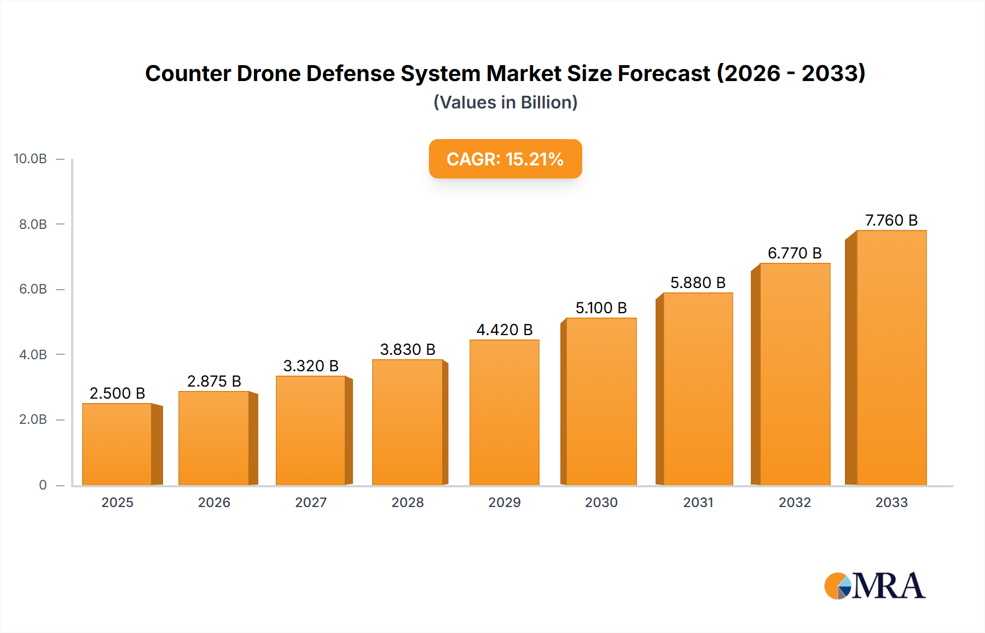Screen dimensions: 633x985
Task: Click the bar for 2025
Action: pyautogui.click(x=117, y=444)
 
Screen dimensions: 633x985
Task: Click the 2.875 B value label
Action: pyautogui.click(x=214, y=381)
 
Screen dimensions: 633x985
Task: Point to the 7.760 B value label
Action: pyautogui.click(x=891, y=220)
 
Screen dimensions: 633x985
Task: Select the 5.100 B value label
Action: pyautogui.click(x=601, y=308)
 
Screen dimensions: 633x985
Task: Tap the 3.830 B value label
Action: pyautogui.click(x=408, y=349)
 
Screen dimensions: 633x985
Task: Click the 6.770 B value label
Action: pyautogui.click(x=795, y=253)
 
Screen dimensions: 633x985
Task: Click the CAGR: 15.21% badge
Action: pyautogui.click(x=505, y=159)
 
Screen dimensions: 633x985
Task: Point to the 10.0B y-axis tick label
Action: pyautogui.click(x=30, y=159)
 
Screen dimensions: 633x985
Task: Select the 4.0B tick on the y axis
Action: pyautogui.click(x=33, y=354)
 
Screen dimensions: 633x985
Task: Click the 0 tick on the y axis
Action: pyautogui.click(x=43, y=485)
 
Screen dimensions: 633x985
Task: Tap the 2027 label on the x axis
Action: pyautogui.click(x=311, y=502)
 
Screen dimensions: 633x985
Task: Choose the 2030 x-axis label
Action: pyautogui.click(x=601, y=502)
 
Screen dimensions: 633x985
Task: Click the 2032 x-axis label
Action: pyautogui.click(x=795, y=502)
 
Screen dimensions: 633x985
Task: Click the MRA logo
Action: pyautogui.click(x=874, y=586)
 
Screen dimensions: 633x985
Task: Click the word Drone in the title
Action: pyautogui.click(x=268, y=73)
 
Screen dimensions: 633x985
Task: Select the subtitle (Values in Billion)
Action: pyautogui.click(x=505, y=102)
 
